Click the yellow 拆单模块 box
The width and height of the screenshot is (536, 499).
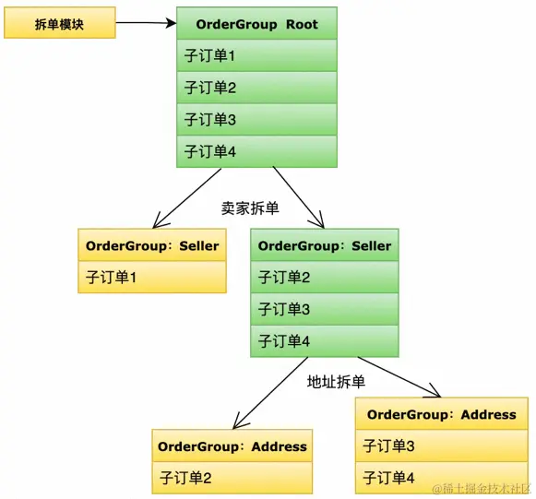[x=60, y=24]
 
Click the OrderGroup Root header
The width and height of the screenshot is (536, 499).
[x=256, y=23]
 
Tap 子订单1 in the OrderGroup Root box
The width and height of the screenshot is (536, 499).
[x=256, y=56]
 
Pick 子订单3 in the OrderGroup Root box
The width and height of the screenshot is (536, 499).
[x=256, y=119]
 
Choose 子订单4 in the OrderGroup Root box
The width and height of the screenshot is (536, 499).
[x=256, y=151]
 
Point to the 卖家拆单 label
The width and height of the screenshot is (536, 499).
[x=250, y=208]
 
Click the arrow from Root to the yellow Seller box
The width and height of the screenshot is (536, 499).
[x=189, y=196]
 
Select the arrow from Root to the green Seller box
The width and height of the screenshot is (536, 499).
[x=298, y=196]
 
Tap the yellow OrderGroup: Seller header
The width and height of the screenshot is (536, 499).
[x=152, y=245]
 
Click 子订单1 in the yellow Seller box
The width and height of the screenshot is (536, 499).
[x=152, y=276]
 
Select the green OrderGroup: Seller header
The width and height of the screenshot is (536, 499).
[x=325, y=245]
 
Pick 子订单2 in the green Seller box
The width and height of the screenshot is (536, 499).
[x=325, y=277]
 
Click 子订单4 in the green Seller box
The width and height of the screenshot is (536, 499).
[x=325, y=340]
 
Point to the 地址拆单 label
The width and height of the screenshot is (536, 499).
[x=336, y=381]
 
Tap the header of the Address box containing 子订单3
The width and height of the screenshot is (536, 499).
[x=441, y=414]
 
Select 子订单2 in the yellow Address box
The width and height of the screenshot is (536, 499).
[x=232, y=477]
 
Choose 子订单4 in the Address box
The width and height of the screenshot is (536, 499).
[x=441, y=477]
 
